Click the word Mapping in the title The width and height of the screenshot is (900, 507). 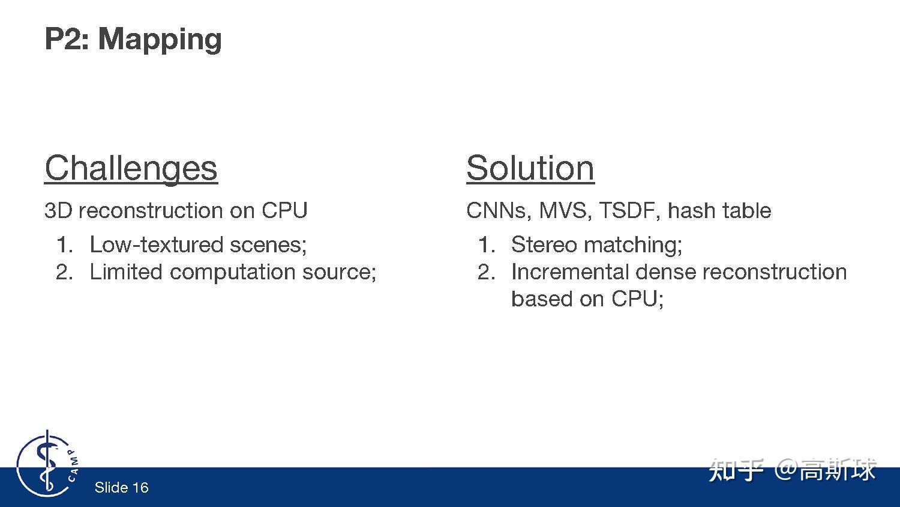pyautogui.click(x=160, y=40)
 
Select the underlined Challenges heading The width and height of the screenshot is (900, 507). pyautogui.click(x=131, y=169)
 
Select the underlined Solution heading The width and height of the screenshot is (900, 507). pyautogui.click(x=530, y=168)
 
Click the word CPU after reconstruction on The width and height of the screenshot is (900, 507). pyautogui.click(x=284, y=210)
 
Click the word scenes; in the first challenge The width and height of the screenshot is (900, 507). pyautogui.click(x=268, y=245)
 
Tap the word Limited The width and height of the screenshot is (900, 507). pyautogui.click(x=126, y=272)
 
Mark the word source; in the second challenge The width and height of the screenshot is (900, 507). pyautogui.click(x=340, y=273)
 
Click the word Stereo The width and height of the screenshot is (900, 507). pyautogui.click(x=544, y=244)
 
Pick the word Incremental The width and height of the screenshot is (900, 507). pyautogui.click(x=570, y=272)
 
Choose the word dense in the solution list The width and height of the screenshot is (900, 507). pyautogui.click(x=665, y=272)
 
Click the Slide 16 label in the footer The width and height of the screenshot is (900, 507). pyautogui.click(x=121, y=488)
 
